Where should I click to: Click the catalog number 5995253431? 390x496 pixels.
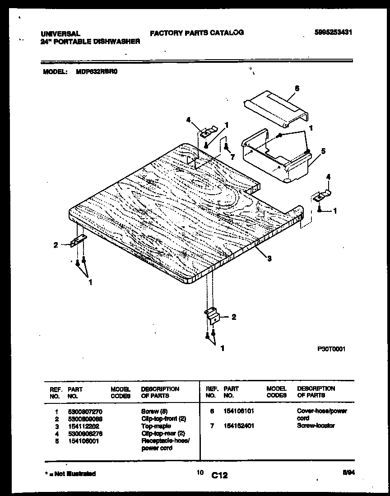coord(333,32)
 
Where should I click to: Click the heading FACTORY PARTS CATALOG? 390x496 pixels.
coord(197,33)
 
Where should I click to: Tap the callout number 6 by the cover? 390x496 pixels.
coord(297,89)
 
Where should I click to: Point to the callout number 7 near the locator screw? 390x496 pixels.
coord(232,156)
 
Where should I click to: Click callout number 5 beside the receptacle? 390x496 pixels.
coord(323,151)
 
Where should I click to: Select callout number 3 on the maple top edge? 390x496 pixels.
coord(269,258)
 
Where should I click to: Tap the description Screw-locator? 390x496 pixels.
coord(316,426)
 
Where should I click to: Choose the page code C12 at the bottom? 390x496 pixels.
coord(219,475)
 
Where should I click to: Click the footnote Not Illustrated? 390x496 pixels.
coord(72,473)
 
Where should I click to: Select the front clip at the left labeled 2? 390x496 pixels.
coord(79,241)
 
